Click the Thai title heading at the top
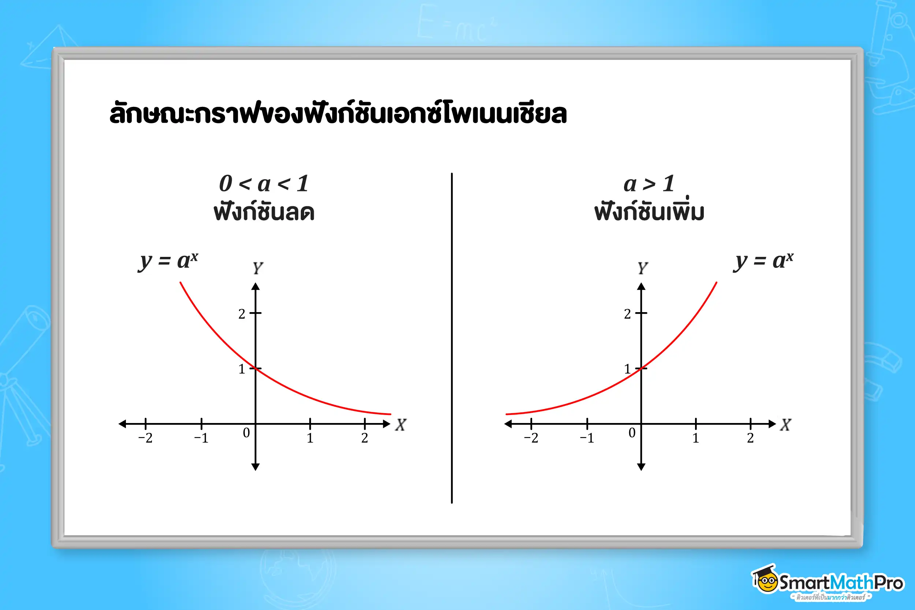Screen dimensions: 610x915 pyautogui.click(x=338, y=113)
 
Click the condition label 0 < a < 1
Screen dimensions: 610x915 pyautogui.click(x=264, y=184)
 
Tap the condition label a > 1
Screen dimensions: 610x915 pyautogui.click(x=649, y=184)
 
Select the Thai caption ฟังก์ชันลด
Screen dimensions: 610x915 pyautogui.click(x=264, y=212)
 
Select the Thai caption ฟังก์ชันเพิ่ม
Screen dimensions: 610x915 pyautogui.click(x=649, y=212)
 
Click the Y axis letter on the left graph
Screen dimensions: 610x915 pyautogui.click(x=258, y=268)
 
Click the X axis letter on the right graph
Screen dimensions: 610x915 pyautogui.click(x=785, y=425)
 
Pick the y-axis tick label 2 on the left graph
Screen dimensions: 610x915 pyautogui.click(x=242, y=314)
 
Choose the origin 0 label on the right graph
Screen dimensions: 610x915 pyautogui.click(x=632, y=433)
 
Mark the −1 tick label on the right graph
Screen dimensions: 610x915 pyautogui.click(x=587, y=438)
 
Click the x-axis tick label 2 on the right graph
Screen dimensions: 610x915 pyautogui.click(x=750, y=438)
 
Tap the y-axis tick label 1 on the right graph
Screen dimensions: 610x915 pyautogui.click(x=627, y=369)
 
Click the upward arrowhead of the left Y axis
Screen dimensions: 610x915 pyautogui.click(x=255, y=287)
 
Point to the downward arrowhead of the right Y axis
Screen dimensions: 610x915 pyautogui.click(x=641, y=467)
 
